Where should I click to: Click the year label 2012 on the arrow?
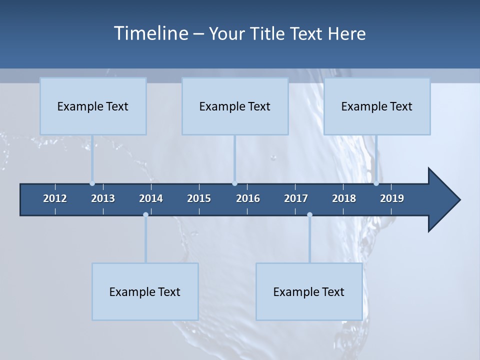pos(55,198)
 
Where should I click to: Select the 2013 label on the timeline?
pos(103,198)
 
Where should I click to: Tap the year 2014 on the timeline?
pos(151,198)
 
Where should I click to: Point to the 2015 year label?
pos(199,198)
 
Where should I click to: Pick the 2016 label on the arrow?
pos(248,198)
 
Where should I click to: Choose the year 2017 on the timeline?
pos(296,198)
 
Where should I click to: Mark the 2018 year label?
pos(344,198)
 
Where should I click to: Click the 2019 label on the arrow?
pos(392,198)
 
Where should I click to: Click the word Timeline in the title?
pos(150,33)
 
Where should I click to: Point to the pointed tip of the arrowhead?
pos(459,200)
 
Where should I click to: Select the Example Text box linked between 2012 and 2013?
pos(93,106)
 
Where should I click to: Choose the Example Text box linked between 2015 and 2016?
pos(235,106)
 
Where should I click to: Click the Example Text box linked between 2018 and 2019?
pos(377,106)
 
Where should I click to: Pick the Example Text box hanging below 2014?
pos(145,291)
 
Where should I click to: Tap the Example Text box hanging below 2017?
pos(309,291)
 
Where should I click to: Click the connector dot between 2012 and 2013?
pos(92,183)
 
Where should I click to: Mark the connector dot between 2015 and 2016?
pos(234,183)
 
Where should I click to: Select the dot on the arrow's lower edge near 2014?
pos(145,215)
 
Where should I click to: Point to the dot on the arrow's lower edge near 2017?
pos(309,215)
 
